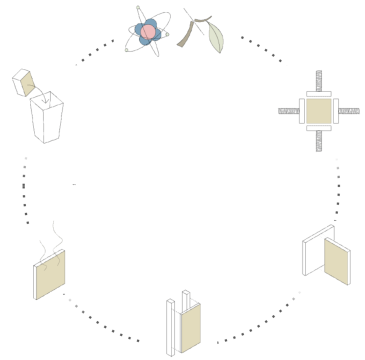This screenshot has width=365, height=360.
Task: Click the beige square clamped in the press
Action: (x=318, y=111)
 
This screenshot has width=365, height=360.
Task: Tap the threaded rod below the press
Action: (x=318, y=141)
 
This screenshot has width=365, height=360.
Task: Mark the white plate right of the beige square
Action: (x=336, y=111)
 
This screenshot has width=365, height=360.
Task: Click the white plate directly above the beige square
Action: (x=318, y=94)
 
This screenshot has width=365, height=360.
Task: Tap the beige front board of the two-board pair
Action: (x=336, y=261)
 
